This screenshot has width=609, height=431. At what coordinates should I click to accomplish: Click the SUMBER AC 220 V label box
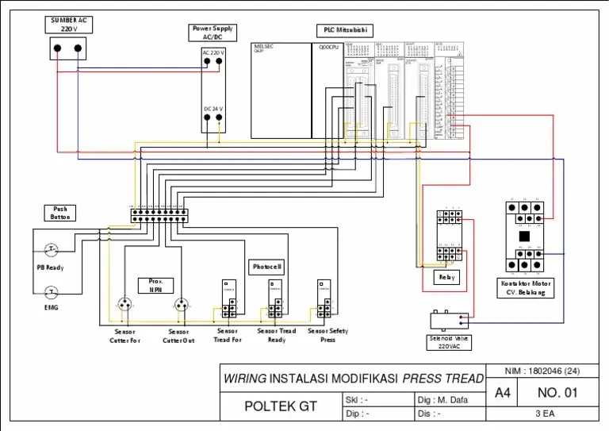click(67, 25)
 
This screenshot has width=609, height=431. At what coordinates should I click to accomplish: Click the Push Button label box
click(60, 213)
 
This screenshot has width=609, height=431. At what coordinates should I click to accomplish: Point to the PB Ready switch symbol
click(51, 249)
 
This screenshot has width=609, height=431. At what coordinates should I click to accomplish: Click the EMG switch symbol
click(51, 291)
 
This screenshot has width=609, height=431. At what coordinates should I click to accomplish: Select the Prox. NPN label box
click(155, 285)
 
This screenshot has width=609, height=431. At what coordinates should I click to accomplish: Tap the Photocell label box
click(266, 267)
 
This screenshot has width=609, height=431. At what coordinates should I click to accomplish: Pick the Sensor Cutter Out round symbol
click(181, 304)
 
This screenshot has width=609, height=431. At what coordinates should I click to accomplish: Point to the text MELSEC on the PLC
click(263, 47)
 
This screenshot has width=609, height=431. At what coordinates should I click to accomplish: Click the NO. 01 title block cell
click(558, 393)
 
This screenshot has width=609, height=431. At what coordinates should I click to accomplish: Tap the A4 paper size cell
click(503, 393)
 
